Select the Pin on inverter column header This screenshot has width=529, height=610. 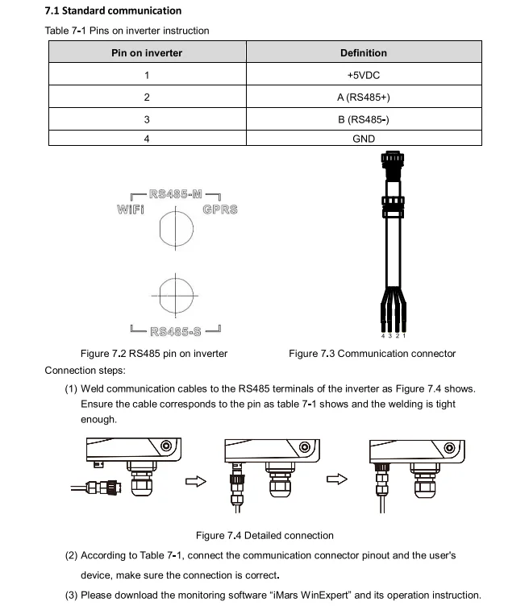coord(147,53)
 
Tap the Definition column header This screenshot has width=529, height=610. coord(363,53)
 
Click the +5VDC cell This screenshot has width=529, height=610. coord(363,75)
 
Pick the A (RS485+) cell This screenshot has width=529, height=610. coord(363,98)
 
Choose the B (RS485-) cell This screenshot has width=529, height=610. coord(363,119)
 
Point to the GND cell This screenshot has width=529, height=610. coord(363,139)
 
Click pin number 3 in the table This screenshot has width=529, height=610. coord(147,119)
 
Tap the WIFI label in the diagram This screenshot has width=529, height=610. coord(131,210)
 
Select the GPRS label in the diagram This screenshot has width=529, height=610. coord(220,210)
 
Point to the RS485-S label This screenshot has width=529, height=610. coord(175,330)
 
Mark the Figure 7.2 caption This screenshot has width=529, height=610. coord(154,353)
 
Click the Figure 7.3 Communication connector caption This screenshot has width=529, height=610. coord(372,353)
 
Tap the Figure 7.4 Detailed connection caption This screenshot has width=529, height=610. coord(264,535)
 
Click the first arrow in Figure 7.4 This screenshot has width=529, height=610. coord(197,481)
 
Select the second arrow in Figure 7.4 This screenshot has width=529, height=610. coord(336,479)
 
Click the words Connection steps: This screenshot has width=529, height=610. coord(85,371)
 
